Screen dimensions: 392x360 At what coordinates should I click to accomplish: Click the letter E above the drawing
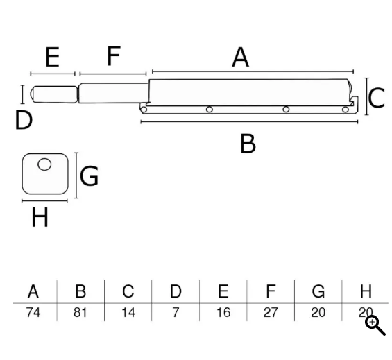(x=52, y=57)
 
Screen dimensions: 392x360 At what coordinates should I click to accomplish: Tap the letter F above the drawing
(x=114, y=55)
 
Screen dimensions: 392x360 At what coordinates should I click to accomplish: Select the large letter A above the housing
(x=240, y=58)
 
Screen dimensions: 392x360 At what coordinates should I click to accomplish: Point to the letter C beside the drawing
(x=377, y=98)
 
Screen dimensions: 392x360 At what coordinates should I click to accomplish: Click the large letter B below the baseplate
(x=248, y=144)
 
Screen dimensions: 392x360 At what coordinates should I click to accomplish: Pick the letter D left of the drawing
(x=24, y=120)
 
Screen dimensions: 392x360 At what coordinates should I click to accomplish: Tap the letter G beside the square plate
(x=89, y=175)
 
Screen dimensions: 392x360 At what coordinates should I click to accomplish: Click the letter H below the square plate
(x=40, y=217)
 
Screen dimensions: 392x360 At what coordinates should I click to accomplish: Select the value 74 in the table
(x=33, y=313)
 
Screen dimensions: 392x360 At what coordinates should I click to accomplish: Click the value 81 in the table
(x=80, y=313)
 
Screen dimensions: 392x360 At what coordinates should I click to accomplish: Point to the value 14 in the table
(x=128, y=313)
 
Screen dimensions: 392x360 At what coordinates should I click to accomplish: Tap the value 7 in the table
(x=176, y=313)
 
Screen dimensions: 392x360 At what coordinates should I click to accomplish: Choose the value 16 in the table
(x=223, y=313)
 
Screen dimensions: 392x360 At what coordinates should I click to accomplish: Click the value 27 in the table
(x=271, y=313)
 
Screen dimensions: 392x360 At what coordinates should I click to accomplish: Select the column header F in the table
(x=271, y=291)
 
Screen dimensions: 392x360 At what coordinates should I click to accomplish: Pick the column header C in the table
(x=128, y=291)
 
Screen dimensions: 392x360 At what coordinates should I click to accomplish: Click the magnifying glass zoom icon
(x=375, y=325)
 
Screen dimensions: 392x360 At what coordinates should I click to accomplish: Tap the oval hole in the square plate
(x=44, y=164)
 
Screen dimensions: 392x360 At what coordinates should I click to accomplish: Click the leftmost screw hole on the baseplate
(x=144, y=110)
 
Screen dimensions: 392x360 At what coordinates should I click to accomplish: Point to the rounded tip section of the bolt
(x=53, y=94)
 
